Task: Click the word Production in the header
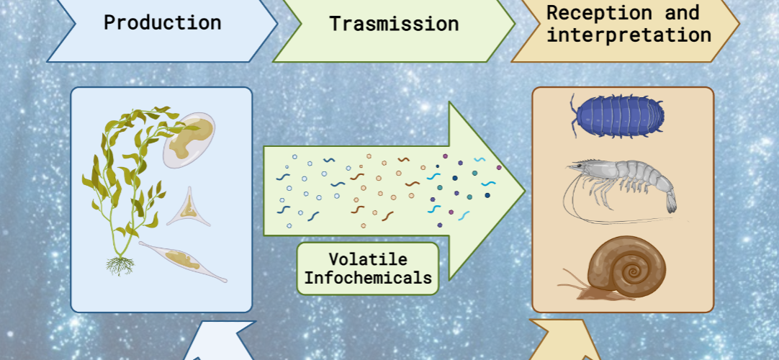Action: tap(163, 23)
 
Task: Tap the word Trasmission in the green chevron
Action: tap(394, 24)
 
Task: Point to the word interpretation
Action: tap(629, 35)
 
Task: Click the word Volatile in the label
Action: tap(368, 258)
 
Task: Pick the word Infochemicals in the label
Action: tap(368, 277)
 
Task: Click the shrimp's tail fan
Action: tap(670, 202)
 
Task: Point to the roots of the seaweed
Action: tap(120, 265)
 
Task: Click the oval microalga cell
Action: tap(189, 140)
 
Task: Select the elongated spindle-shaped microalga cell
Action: tap(182, 261)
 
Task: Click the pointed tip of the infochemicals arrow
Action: tap(525, 191)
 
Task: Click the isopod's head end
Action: tap(577, 117)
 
